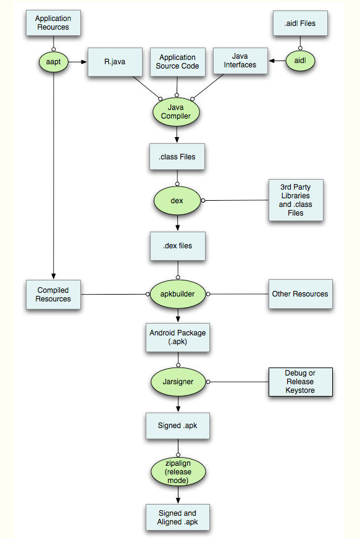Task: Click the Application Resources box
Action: click(53, 23)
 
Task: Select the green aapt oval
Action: click(54, 62)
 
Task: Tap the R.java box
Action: click(115, 62)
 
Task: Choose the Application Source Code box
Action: click(178, 62)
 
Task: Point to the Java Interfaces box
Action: click(240, 61)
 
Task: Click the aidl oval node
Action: click(300, 61)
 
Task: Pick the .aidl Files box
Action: click(300, 23)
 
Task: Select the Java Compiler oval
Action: click(176, 112)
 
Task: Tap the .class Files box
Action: click(177, 156)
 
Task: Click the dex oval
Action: click(177, 200)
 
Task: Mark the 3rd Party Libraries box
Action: click(296, 200)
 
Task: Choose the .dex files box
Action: click(178, 246)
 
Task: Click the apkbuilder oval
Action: click(178, 294)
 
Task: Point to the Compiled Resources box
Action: click(53, 295)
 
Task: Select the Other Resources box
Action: click(300, 293)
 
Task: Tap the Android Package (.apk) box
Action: click(178, 337)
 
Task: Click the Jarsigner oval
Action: click(178, 382)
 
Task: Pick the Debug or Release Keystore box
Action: click(300, 382)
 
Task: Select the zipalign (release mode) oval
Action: click(178, 472)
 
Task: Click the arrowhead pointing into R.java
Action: click(84, 62)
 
